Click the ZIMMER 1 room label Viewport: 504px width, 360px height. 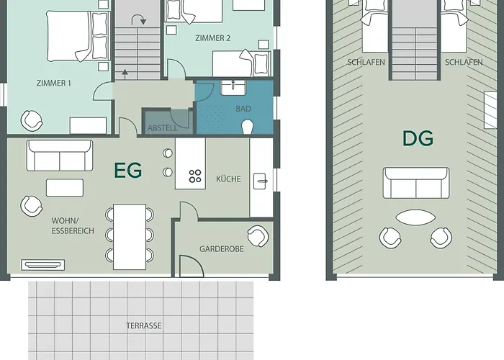54,84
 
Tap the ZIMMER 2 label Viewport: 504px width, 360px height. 213,38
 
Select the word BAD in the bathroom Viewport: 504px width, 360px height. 243,109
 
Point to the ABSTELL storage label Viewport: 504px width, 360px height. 162,128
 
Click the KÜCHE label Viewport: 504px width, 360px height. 228,179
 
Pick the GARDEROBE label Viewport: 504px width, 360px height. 222,249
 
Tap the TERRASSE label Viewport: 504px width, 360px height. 144,326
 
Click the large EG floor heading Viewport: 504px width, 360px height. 128,171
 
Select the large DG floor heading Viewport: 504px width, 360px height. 418,138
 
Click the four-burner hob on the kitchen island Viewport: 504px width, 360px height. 195,176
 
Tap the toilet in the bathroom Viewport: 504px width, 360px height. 247,127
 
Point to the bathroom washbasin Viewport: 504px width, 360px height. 233,87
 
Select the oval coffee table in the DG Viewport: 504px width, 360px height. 415,217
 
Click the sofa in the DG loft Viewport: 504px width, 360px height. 416,183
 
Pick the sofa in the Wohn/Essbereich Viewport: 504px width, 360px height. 60,156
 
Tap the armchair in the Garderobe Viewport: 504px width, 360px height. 258,236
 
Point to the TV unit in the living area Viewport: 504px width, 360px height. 42,265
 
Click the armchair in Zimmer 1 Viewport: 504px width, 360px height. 32,121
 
